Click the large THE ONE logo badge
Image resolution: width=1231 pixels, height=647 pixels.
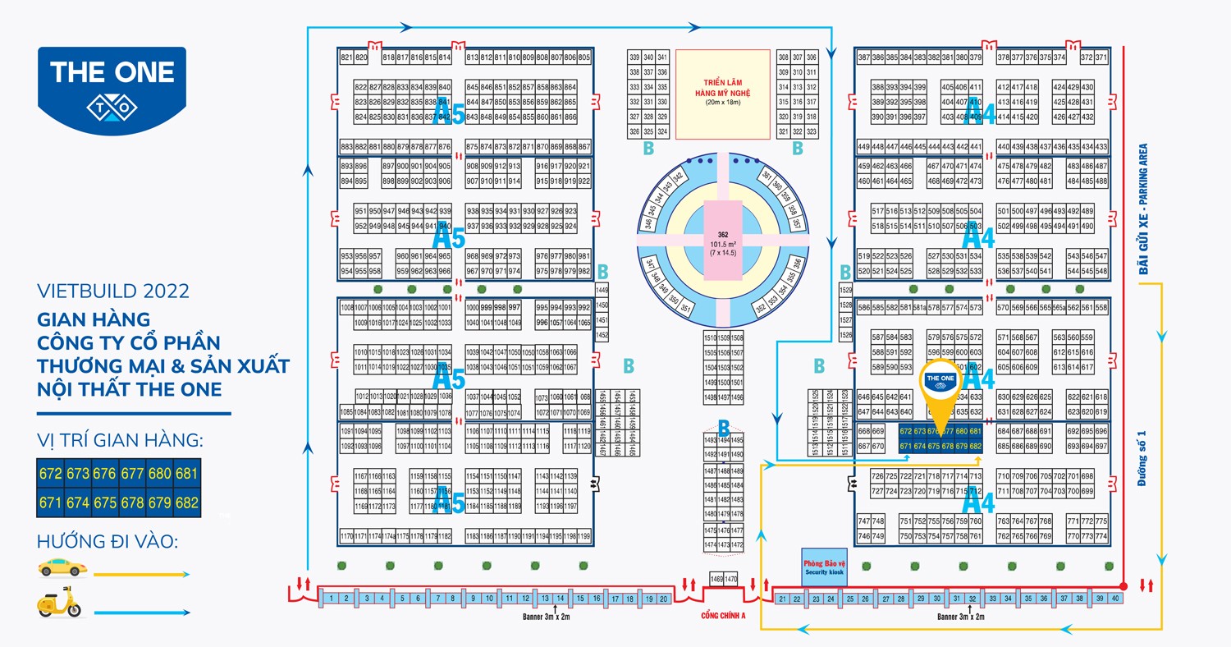click(112, 86)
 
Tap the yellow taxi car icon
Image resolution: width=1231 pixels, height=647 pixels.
click(62, 567)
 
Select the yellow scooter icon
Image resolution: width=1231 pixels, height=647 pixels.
click(59, 602)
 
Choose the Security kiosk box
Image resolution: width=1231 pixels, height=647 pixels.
click(823, 567)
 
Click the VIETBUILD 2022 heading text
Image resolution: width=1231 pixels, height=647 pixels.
click(113, 291)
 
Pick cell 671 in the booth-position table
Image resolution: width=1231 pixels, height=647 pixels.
click(50, 502)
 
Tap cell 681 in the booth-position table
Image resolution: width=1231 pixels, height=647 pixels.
click(186, 474)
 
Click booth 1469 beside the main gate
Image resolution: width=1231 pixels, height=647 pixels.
click(716, 579)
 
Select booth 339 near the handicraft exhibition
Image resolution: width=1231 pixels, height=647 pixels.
click(634, 57)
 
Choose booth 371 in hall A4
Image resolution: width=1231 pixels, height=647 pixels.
click(1101, 57)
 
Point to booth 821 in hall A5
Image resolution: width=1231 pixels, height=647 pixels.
click(346, 57)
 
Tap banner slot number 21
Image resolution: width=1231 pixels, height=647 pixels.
click(783, 599)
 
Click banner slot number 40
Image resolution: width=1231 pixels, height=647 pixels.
click(1114, 599)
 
